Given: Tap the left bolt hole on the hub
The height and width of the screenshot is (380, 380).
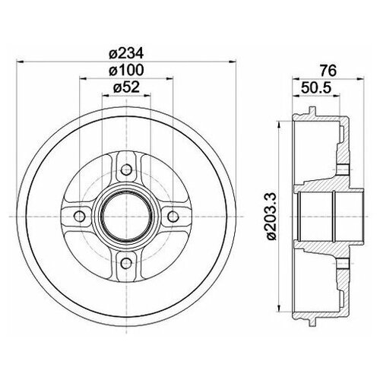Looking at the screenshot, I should [x=77, y=214].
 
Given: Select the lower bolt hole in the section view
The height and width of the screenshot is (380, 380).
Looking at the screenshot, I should [x=342, y=263].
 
